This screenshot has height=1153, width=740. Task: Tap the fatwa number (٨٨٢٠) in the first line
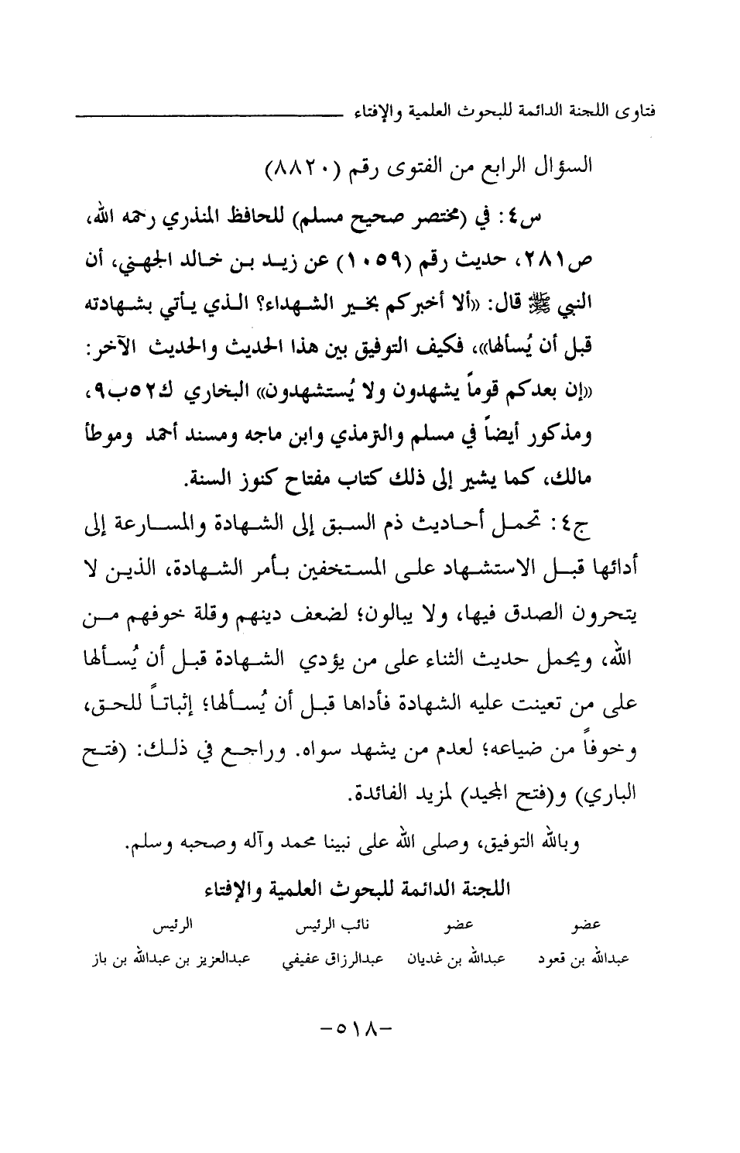tap(298, 166)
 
